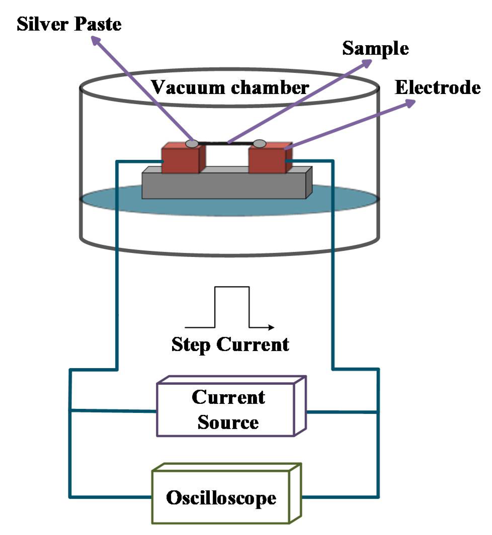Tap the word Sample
coord(375,49)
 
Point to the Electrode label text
coord(438,87)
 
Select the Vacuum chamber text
coord(230,87)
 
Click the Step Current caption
coord(230,345)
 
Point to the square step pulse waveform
coord(232,306)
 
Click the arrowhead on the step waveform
coord(271,327)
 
